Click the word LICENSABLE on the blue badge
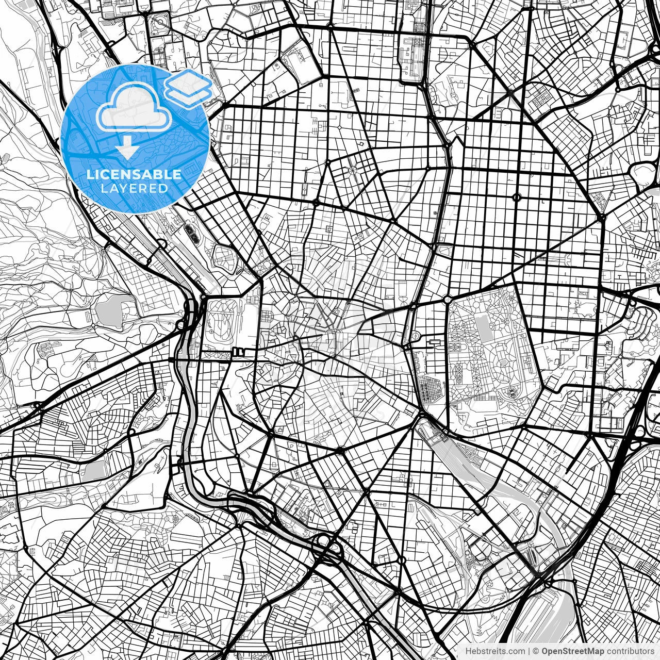click(134, 174)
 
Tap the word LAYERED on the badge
click(134, 188)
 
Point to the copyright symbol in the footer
click(536, 651)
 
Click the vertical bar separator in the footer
click(529, 651)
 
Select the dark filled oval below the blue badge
click(193, 235)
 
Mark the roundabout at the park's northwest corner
click(447, 300)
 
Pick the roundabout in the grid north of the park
click(517, 197)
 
